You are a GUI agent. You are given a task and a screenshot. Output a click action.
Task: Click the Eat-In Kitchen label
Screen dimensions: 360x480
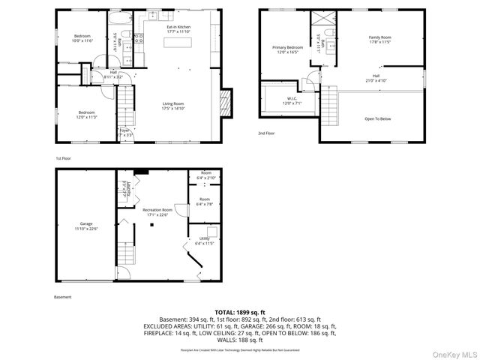coord(178,29)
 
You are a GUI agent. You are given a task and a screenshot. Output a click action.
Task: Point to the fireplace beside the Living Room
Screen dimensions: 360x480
coord(226,103)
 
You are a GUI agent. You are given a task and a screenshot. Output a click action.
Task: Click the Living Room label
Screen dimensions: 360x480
coord(173,106)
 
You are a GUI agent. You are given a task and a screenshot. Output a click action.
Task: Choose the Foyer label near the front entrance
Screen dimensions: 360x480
coord(124,133)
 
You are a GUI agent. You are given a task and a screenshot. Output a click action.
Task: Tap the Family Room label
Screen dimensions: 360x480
coord(379,39)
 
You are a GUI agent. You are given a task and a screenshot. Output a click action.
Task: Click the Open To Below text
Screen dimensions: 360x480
coord(377,118)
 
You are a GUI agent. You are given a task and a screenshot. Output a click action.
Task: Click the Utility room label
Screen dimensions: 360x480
coord(205,241)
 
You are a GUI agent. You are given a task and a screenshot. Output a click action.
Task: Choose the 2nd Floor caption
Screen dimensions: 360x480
coord(266,133)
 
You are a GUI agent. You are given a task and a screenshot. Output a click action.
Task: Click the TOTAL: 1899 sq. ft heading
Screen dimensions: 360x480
coord(240,311)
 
